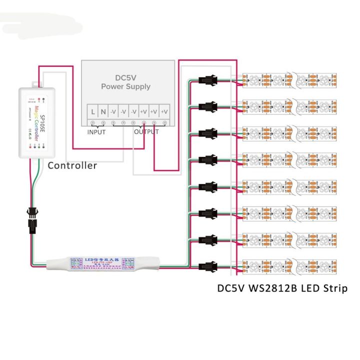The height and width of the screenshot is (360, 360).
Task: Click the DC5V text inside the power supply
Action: (x=126, y=77)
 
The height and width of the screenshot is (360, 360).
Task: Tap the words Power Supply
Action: (x=126, y=86)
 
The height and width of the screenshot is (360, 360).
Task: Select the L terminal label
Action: (x=93, y=111)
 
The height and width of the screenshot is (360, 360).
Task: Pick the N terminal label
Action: (x=103, y=111)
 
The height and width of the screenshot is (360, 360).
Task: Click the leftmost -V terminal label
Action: (x=113, y=111)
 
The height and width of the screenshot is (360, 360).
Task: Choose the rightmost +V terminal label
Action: (x=164, y=111)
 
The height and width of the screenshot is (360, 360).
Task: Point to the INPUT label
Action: (x=96, y=132)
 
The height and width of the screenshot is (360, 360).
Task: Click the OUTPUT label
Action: (x=146, y=132)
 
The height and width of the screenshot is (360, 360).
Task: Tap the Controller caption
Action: (x=72, y=165)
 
